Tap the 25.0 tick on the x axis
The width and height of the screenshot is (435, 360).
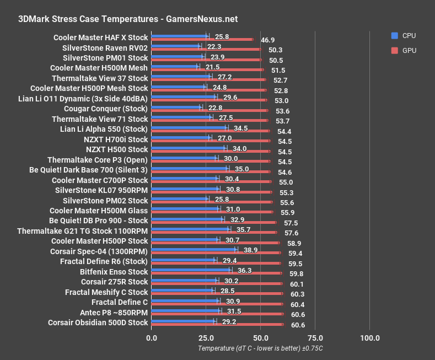(205, 337)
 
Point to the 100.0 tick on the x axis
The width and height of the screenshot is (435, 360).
(369, 337)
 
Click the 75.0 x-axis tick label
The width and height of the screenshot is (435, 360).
(315, 337)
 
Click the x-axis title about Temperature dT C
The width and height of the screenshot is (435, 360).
(260, 348)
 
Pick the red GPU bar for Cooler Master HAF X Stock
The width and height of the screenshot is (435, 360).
(202, 40)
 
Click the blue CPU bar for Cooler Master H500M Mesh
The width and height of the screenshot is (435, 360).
(174, 67)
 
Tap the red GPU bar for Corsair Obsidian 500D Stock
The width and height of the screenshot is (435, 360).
(217, 325)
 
